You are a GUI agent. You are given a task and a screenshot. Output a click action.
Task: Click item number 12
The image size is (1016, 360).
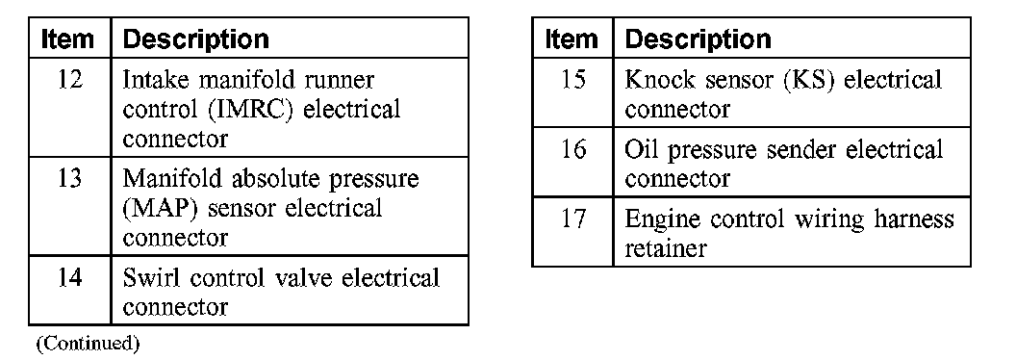pyautogui.click(x=70, y=81)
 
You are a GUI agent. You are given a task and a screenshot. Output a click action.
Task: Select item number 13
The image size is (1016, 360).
pyautogui.click(x=70, y=178)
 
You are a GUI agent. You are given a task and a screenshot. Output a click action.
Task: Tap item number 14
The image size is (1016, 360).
pyautogui.click(x=70, y=277)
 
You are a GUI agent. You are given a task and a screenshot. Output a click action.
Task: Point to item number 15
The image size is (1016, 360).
pyautogui.click(x=572, y=80)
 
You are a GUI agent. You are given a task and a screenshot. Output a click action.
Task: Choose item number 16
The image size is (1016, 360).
pyautogui.click(x=572, y=150)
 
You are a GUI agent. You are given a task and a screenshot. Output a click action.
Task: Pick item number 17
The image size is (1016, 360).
pyautogui.click(x=572, y=219)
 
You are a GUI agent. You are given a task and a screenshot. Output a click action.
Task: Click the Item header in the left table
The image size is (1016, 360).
pyautogui.click(x=67, y=39)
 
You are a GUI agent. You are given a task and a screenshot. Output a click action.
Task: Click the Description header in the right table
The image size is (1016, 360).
pyautogui.click(x=698, y=39)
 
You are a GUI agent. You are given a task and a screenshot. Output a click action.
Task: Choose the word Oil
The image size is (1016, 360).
pyautogui.click(x=642, y=150)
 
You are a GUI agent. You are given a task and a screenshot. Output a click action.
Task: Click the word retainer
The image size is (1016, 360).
pyautogui.click(x=665, y=247)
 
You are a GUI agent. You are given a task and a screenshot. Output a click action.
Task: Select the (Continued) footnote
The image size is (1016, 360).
pyautogui.click(x=87, y=343)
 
